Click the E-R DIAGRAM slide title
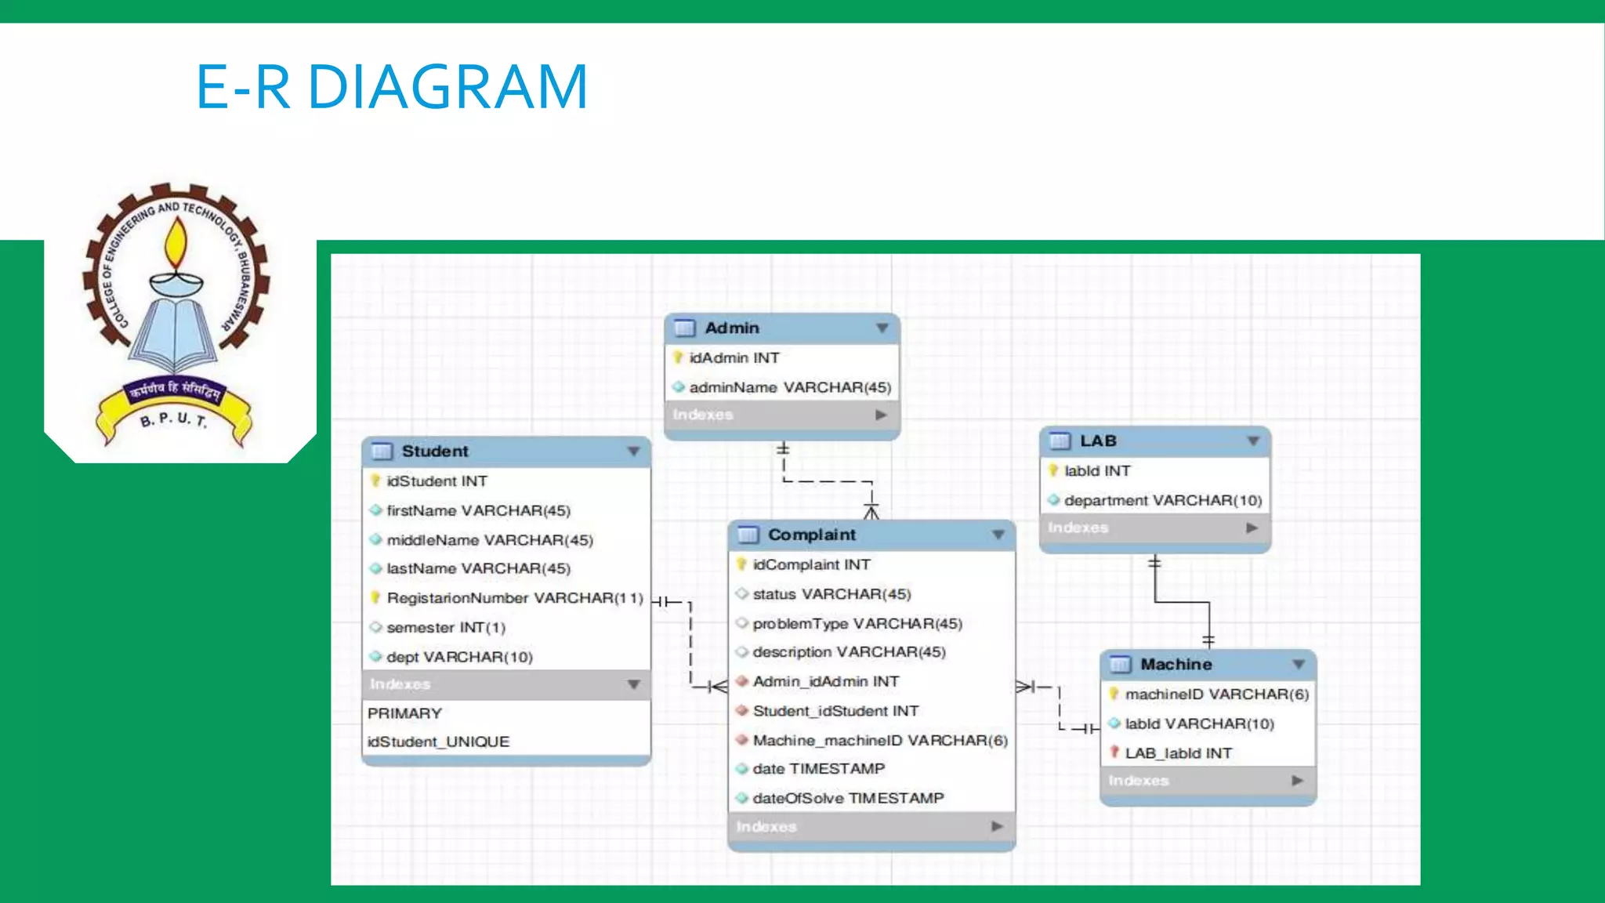click(392, 86)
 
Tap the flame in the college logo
click(176, 243)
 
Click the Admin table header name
click(732, 328)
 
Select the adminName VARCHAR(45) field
click(789, 387)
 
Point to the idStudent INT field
click(437, 481)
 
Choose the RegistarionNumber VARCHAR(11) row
click(514, 598)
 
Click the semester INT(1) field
click(445, 628)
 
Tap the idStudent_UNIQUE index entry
click(438, 742)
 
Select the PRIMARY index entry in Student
click(404, 713)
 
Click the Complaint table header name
click(812, 535)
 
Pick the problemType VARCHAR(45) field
click(857, 624)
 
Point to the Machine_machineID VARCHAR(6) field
click(879, 741)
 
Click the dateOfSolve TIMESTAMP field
click(848, 798)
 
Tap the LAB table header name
click(1098, 441)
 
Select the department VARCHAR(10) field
click(1162, 500)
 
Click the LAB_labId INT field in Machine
click(1178, 753)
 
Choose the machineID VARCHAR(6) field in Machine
click(1216, 694)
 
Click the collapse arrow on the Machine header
click(1299, 665)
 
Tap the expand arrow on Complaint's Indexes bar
click(997, 826)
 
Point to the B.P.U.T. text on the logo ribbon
click(173, 419)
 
